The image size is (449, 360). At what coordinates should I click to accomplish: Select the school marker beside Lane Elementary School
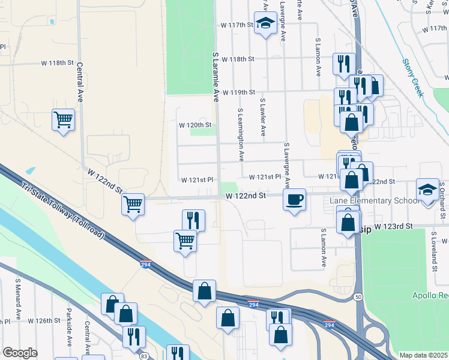[427, 190]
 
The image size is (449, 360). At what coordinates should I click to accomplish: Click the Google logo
[20, 353]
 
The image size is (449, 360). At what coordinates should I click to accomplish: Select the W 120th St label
[196, 125]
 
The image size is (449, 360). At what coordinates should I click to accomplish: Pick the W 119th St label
[238, 92]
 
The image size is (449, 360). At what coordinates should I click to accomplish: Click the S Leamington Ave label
[241, 136]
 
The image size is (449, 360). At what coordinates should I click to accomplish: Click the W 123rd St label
[394, 227]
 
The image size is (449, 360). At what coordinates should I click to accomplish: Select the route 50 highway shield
[358, 296]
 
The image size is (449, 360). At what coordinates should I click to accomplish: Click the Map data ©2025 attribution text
[423, 355]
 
